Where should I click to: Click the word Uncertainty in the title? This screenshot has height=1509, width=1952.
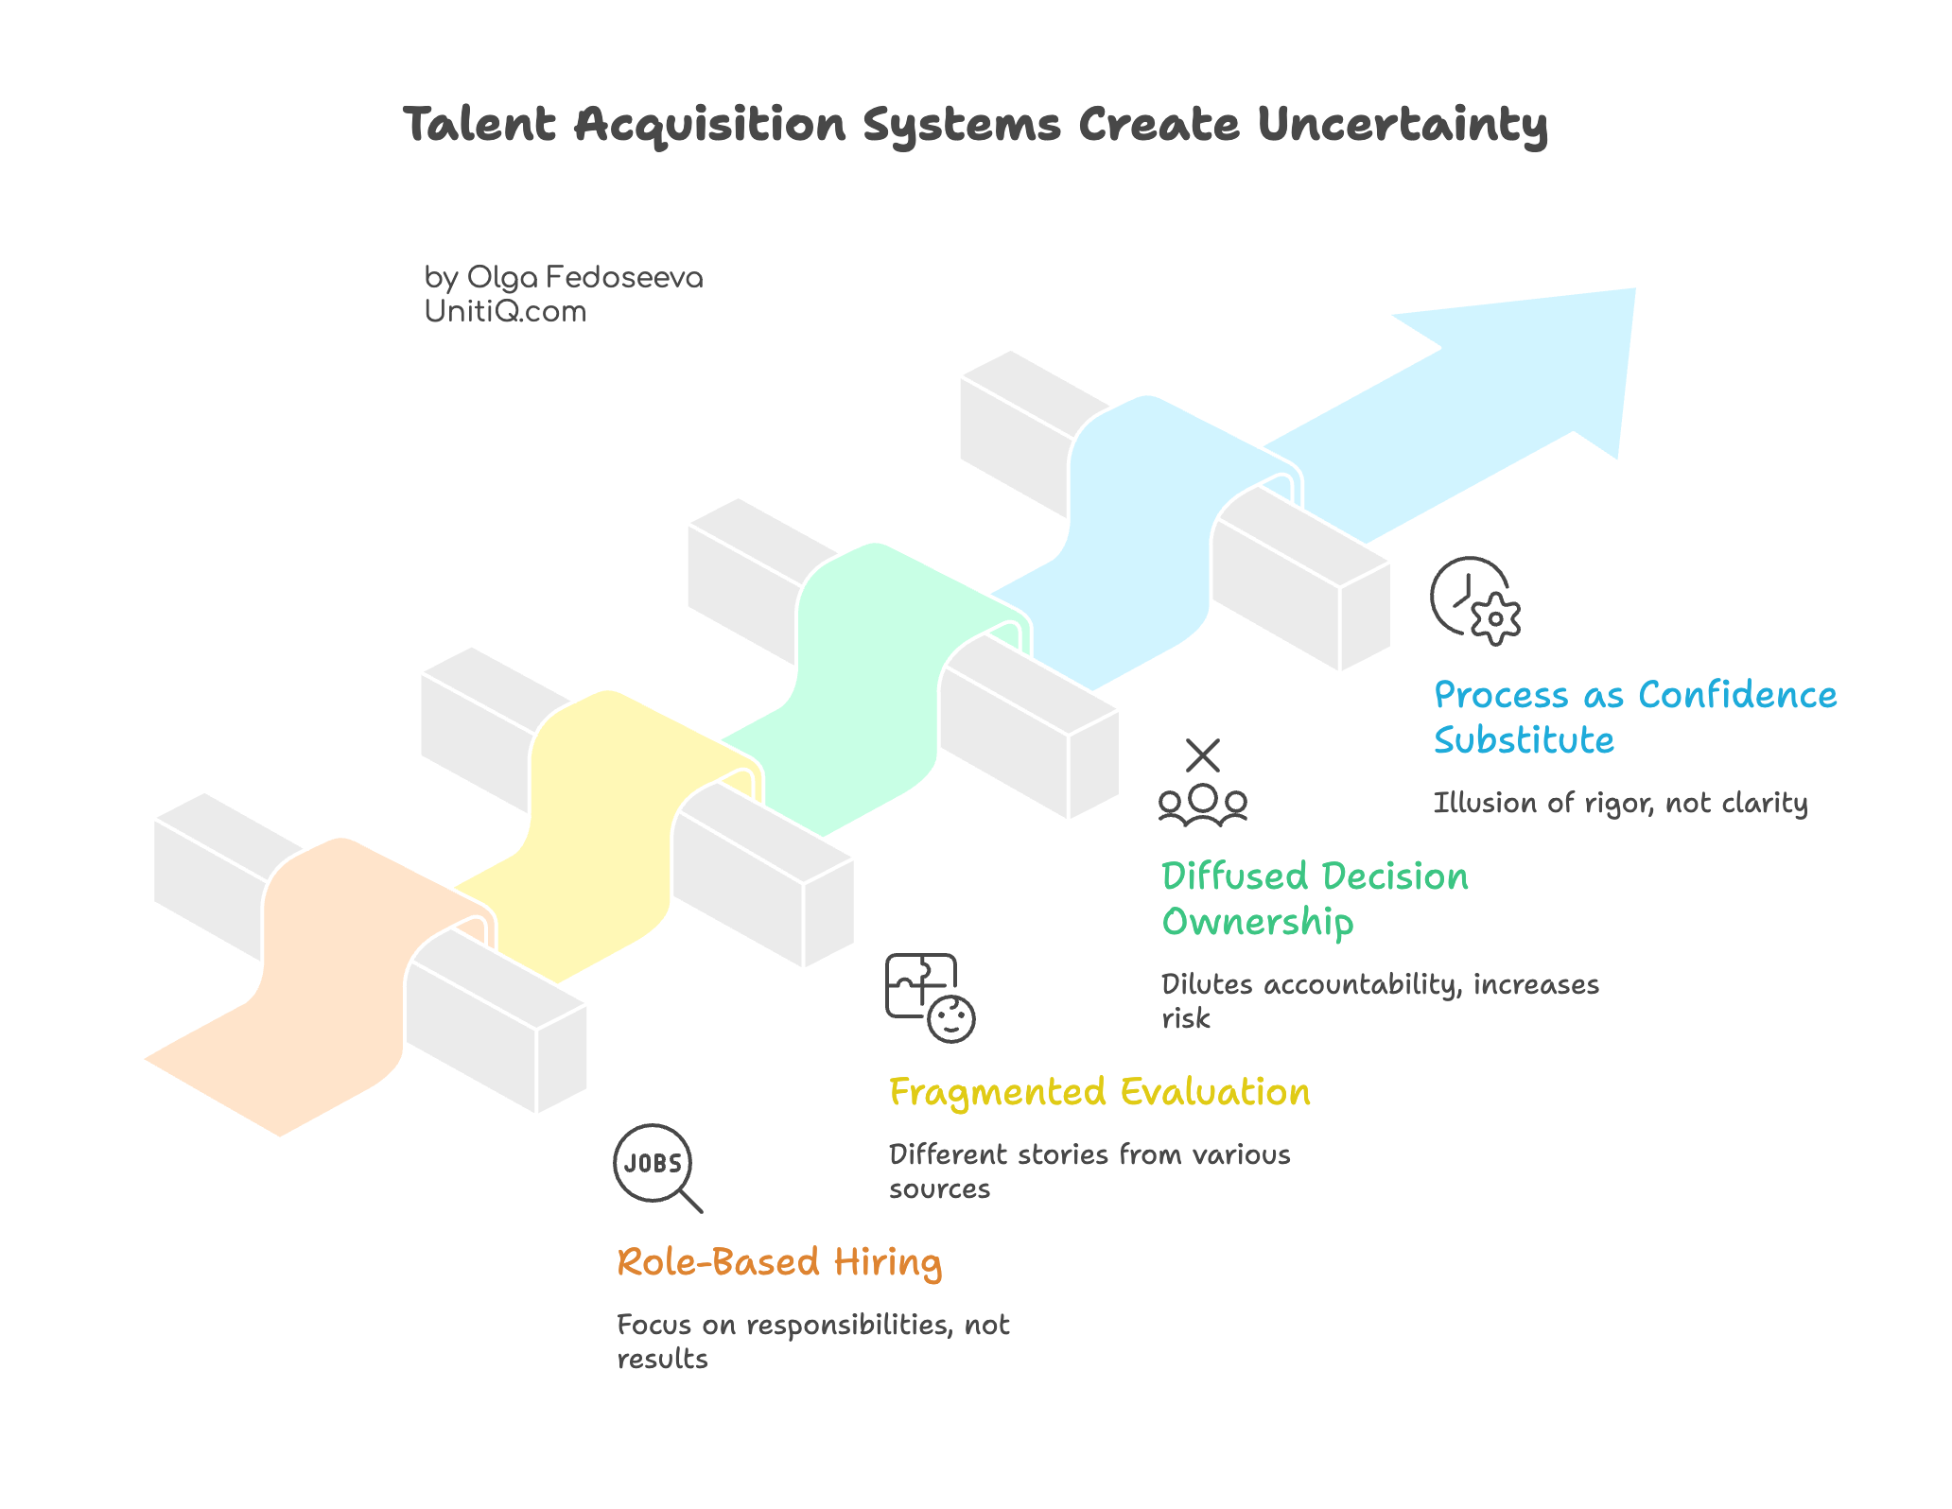(x=1402, y=125)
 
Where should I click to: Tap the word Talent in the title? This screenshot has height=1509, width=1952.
(x=479, y=125)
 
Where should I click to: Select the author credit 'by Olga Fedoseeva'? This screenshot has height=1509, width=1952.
(x=563, y=277)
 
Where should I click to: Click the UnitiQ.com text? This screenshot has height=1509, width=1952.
(x=505, y=311)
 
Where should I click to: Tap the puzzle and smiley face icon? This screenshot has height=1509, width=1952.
(x=929, y=997)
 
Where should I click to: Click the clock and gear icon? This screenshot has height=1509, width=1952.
(x=1474, y=600)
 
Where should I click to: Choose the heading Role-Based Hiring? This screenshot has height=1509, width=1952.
(x=779, y=1262)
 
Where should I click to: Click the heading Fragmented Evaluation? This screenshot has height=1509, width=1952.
(x=1099, y=1092)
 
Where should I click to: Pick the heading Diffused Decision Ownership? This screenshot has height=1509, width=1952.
(x=1314, y=898)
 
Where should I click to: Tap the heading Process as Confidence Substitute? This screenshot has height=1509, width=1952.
(x=1634, y=717)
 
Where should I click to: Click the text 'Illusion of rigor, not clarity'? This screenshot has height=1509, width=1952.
(x=1620, y=803)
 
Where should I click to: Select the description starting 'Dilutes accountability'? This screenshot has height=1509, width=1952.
(x=1379, y=1000)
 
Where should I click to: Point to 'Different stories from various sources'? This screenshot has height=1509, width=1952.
(x=1089, y=1171)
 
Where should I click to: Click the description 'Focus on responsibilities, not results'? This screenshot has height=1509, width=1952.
(x=812, y=1341)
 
